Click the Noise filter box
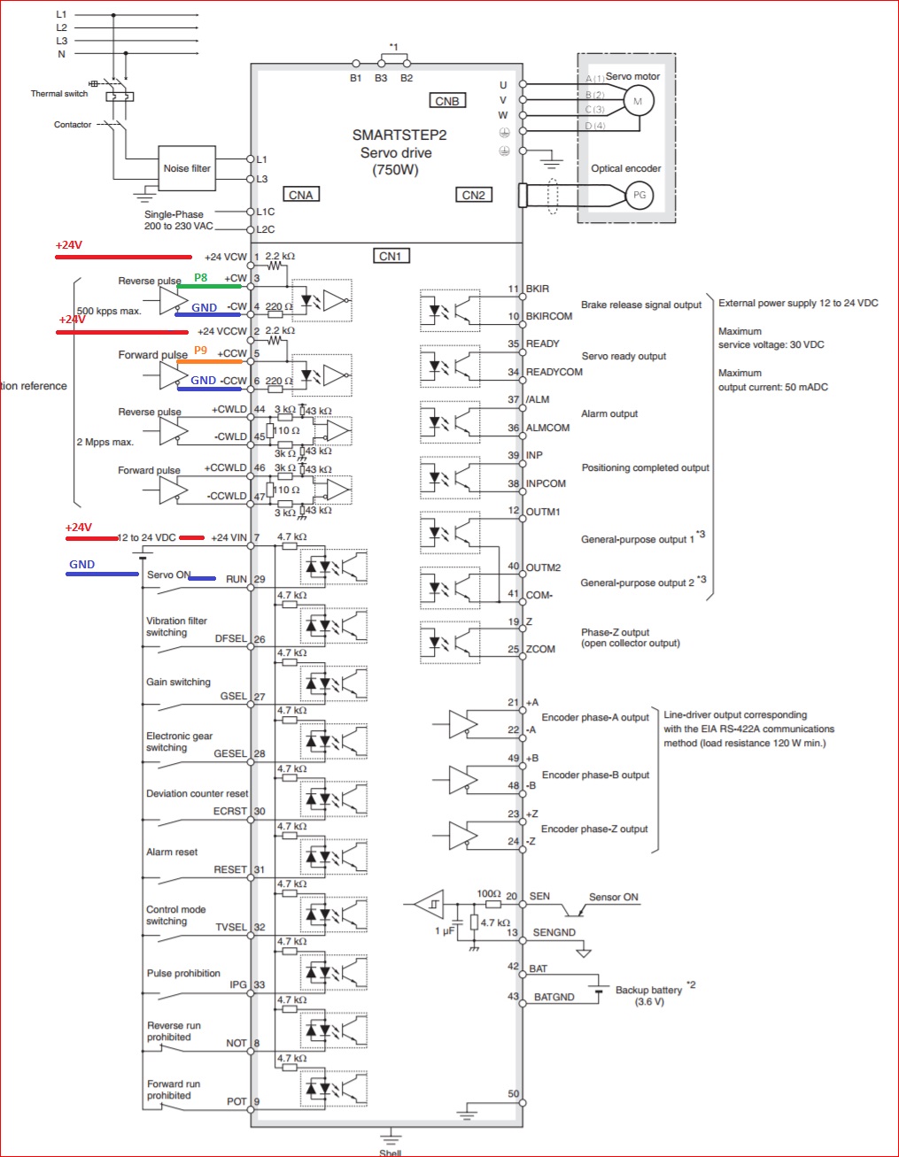click(187, 168)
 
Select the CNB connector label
click(447, 101)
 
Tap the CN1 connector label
click(391, 256)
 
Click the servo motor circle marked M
click(638, 101)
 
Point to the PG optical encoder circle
click(639, 195)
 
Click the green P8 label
click(201, 278)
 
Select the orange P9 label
click(201, 351)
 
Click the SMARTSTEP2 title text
click(399, 135)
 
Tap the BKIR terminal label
click(538, 289)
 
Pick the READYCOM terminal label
click(554, 372)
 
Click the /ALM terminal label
click(538, 399)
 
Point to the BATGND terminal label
click(554, 997)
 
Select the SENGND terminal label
click(554, 932)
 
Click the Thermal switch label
click(59, 94)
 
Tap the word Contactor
click(73, 125)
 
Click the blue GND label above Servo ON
click(82, 564)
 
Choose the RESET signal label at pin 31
click(230, 869)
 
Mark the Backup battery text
click(649, 990)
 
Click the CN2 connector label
click(474, 195)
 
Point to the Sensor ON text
click(614, 897)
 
